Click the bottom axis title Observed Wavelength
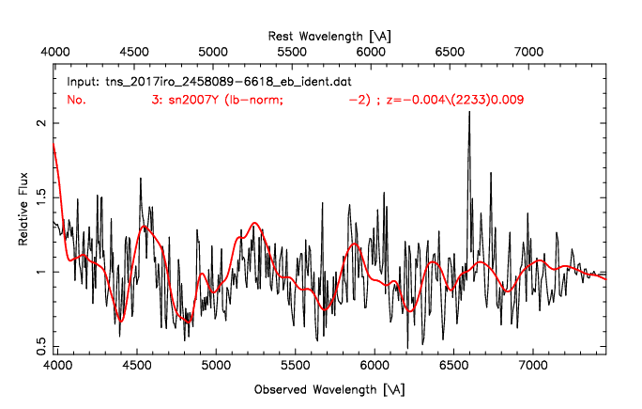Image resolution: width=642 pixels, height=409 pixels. pyautogui.click(x=330, y=388)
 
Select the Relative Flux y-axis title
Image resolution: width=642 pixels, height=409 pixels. pyautogui.click(x=24, y=212)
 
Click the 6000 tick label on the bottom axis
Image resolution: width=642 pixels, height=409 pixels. pyautogui.click(x=375, y=369)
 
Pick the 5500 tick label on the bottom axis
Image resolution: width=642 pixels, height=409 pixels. pyautogui.click(x=296, y=369)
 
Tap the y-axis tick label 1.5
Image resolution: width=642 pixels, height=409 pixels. pyautogui.click(x=38, y=197)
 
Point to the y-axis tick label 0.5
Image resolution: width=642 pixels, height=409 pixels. pyautogui.click(x=38, y=347)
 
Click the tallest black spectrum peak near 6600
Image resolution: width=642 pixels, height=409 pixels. pyautogui.click(x=469, y=138)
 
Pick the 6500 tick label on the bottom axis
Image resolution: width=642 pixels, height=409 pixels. pyautogui.click(x=454, y=369)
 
